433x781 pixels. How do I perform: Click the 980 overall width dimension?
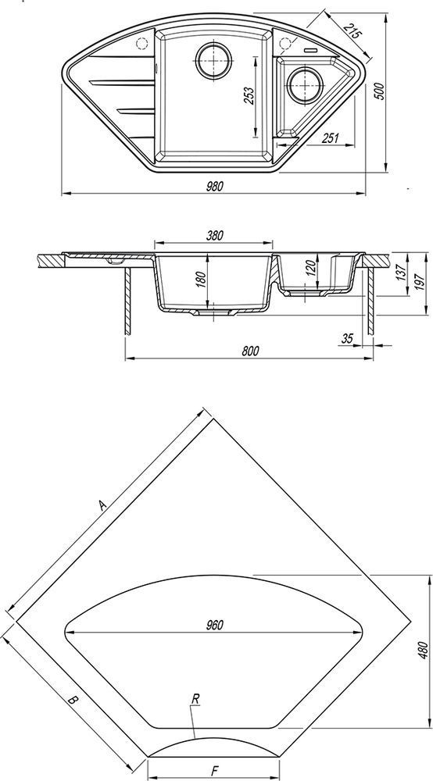213,186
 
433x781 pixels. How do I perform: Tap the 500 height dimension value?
379,91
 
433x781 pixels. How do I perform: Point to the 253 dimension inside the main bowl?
249,95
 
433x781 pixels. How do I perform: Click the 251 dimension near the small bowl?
330,138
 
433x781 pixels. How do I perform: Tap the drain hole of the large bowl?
213,59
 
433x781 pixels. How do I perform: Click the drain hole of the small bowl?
303,85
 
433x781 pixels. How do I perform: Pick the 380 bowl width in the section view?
213,234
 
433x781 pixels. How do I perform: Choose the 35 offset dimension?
347,339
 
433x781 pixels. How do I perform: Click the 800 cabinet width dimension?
250,351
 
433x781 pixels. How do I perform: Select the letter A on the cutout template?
102,505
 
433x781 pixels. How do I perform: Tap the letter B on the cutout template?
73,700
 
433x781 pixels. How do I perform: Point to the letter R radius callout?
195,699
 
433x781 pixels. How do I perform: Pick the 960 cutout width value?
214,625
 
